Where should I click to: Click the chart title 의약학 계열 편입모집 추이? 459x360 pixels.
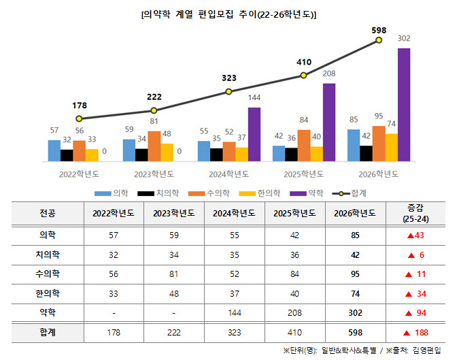pyautogui.click(x=228, y=14)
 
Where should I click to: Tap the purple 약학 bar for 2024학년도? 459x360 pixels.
pyautogui.click(x=254, y=134)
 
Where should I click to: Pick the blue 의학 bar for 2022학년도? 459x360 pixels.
pyautogui.click(x=54, y=150)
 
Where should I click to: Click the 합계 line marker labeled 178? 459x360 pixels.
pyautogui.click(x=79, y=118)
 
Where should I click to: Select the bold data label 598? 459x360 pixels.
pyautogui.click(x=379, y=30)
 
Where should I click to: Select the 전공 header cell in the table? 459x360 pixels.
pyautogui.click(x=48, y=212)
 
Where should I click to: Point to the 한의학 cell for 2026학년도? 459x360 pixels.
pyautogui.click(x=354, y=293)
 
